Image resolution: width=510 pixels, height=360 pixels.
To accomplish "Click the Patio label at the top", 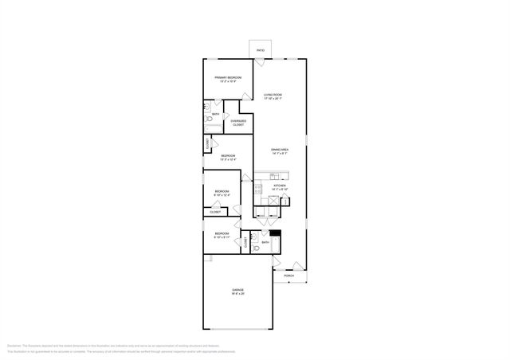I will tap(261, 51).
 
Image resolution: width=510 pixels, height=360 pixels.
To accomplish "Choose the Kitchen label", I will tap(280, 186).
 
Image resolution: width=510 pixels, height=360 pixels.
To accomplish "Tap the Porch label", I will tap(288, 276).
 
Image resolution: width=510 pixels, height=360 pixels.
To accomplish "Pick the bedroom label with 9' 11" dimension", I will tap(222, 235).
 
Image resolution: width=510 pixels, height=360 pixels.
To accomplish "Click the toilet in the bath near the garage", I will tap(255, 248).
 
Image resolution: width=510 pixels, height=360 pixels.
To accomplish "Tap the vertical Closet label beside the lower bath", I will tap(245, 241).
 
